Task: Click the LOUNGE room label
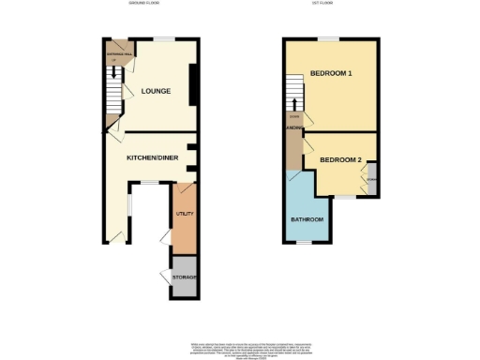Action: coord(156,91)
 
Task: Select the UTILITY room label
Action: coord(185,215)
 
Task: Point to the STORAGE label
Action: coord(185,278)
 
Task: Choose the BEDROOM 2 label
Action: coord(340,159)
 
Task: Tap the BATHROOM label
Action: coord(307,219)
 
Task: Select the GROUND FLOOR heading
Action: coord(144,4)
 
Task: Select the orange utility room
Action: coord(185,225)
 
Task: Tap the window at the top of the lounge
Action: coord(165,39)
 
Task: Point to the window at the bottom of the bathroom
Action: coord(304,242)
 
